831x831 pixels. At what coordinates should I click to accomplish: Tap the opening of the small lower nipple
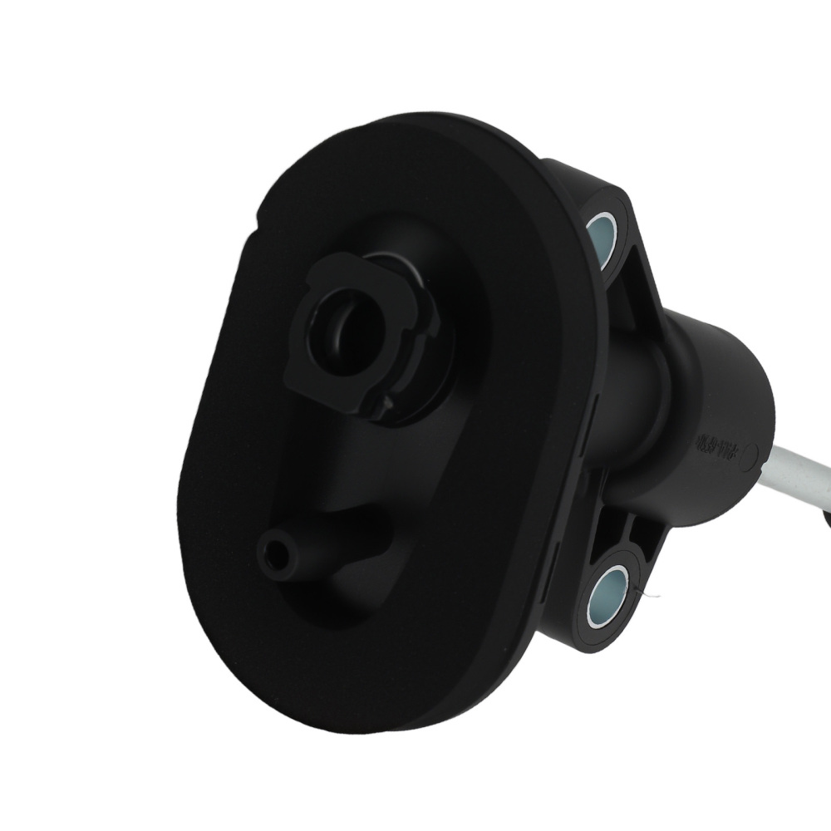(x=274, y=549)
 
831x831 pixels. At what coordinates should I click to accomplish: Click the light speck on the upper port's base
(x=387, y=402)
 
